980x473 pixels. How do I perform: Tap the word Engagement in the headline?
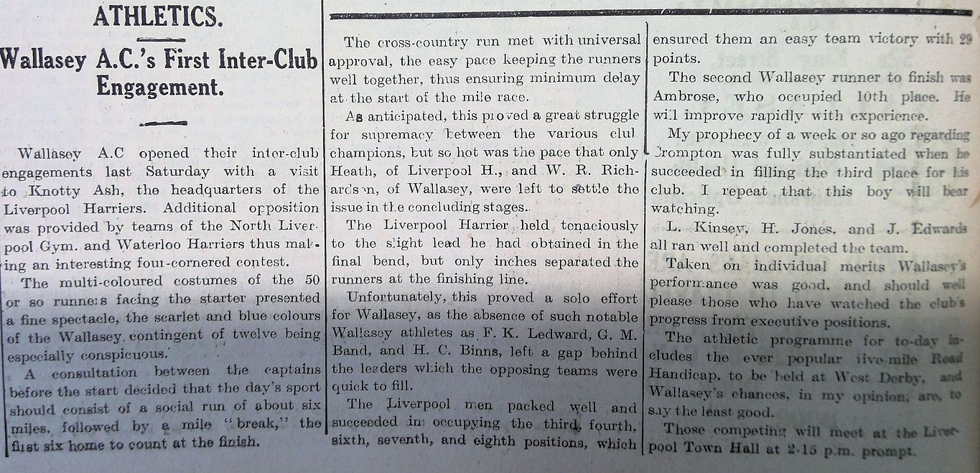[x=159, y=88]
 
